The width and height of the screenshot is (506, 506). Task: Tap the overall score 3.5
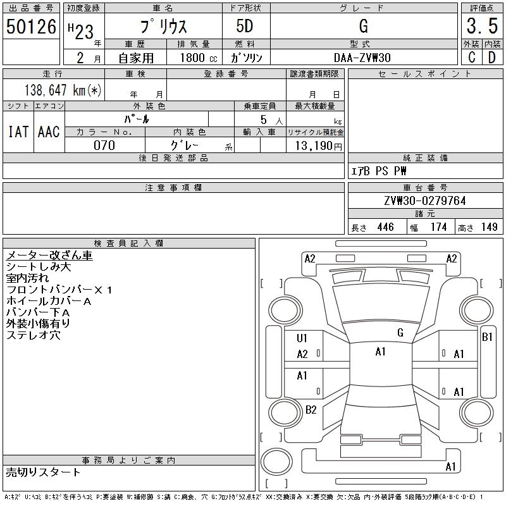[481, 27]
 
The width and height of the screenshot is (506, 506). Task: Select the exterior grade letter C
[471, 57]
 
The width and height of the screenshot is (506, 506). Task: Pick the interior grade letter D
[491, 57]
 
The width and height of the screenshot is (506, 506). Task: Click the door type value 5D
[245, 27]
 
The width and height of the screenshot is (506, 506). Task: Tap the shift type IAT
[18, 132]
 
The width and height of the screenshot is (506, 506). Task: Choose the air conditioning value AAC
[49, 132]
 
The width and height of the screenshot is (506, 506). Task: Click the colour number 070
[104, 145]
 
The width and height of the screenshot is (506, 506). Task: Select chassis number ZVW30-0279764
[424, 201]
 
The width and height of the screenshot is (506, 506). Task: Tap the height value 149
[489, 227]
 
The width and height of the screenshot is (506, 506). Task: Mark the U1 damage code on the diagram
[302, 338]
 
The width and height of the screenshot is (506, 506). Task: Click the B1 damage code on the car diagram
[487, 337]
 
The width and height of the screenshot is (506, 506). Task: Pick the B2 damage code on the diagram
[311, 409]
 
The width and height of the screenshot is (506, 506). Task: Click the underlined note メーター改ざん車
[49, 256]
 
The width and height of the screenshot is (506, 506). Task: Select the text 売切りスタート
[43, 472]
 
